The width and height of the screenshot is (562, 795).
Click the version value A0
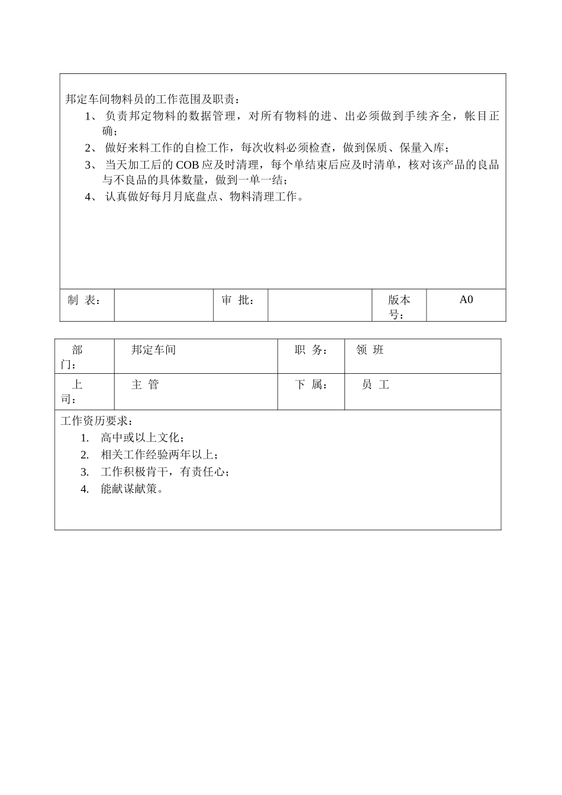(466, 300)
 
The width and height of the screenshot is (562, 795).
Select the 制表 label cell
(84, 300)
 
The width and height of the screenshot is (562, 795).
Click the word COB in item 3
(188, 165)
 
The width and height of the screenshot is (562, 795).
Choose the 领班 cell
(370, 350)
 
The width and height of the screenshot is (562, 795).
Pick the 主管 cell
(145, 385)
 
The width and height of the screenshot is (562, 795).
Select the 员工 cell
(376, 385)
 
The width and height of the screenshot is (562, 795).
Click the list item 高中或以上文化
(142, 438)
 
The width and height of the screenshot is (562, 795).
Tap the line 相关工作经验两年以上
(159, 455)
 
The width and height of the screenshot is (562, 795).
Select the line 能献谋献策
(131, 489)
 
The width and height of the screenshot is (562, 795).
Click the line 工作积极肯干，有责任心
(164, 472)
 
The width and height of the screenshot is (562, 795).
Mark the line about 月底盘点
(205, 197)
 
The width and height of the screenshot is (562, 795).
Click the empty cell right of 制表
(163, 305)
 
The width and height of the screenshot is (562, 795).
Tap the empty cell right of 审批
(319, 305)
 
